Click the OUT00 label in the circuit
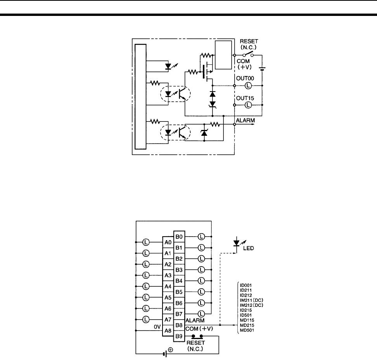pos(244,78)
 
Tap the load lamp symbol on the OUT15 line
pos(249,105)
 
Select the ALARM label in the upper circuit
pos(245,121)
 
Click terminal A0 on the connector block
pos(168,242)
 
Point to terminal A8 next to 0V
pos(168,331)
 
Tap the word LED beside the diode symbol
pos(248,248)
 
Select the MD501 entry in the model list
pos(247,330)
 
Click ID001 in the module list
pos(246,285)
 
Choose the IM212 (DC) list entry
pos(254,305)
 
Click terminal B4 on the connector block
pos(179,280)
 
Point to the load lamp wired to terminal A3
pos(146,275)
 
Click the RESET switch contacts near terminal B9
pos(196,336)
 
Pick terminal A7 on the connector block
pos(168,319)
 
